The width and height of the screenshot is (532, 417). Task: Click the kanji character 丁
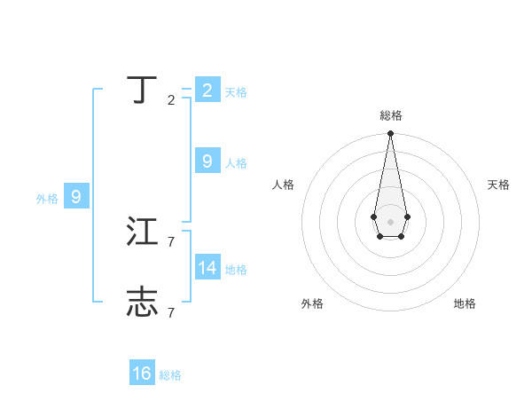pos(143,90)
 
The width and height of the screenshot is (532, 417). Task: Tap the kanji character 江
pos(143,232)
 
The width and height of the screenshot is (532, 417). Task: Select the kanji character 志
pos(143,302)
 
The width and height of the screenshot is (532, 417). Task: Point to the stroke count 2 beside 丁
pos(171,100)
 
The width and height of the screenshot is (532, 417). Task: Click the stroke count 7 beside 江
pos(171,241)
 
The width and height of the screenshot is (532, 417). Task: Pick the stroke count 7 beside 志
pos(171,311)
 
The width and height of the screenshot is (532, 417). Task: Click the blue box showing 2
pos(207,90)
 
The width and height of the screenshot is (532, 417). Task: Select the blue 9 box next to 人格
pos(207,161)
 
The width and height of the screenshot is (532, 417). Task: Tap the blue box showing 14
pos(207,267)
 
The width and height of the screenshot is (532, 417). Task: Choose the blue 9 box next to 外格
pos(76,197)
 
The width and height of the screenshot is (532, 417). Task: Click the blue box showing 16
pos(142,374)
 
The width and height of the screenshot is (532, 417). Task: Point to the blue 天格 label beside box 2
pos(236,92)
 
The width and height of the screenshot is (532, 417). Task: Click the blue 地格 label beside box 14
pos(236,270)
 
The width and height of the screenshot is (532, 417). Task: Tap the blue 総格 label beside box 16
pos(170,376)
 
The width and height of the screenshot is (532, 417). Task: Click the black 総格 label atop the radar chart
pos(390,115)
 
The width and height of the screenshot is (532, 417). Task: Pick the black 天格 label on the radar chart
pos(498,185)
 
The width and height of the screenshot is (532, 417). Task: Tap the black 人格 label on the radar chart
pos(283,185)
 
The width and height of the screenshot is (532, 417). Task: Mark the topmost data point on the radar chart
pos(390,134)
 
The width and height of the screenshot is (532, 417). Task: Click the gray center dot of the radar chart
pos(390,221)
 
